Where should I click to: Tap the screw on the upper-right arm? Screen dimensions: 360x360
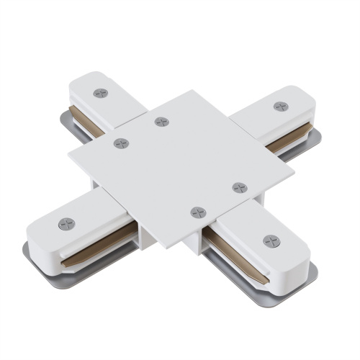[280, 106]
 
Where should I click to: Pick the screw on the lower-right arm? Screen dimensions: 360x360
[269, 240]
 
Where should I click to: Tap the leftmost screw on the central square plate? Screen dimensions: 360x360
[121, 143]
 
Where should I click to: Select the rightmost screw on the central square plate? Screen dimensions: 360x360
[239, 187]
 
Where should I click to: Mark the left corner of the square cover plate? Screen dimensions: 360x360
[70, 153]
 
